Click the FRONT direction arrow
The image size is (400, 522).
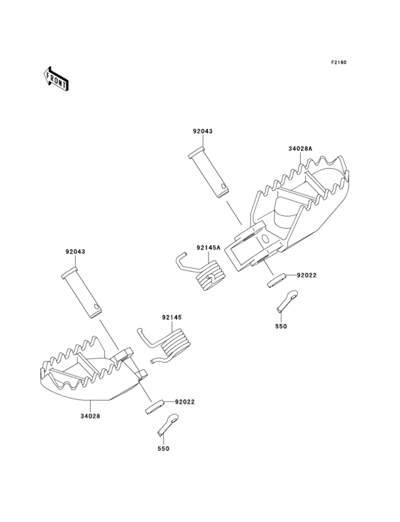(x=56, y=79)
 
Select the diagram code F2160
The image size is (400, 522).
(x=339, y=62)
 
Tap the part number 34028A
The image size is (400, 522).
(x=300, y=148)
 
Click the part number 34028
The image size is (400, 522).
(x=90, y=416)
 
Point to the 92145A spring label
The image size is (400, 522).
(x=209, y=247)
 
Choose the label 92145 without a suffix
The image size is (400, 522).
(x=172, y=317)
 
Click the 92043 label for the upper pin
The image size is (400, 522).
(x=203, y=131)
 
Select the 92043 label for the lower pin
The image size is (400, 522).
(x=75, y=252)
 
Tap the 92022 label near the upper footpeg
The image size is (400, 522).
(x=306, y=275)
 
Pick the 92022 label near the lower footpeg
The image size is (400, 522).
(x=185, y=401)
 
